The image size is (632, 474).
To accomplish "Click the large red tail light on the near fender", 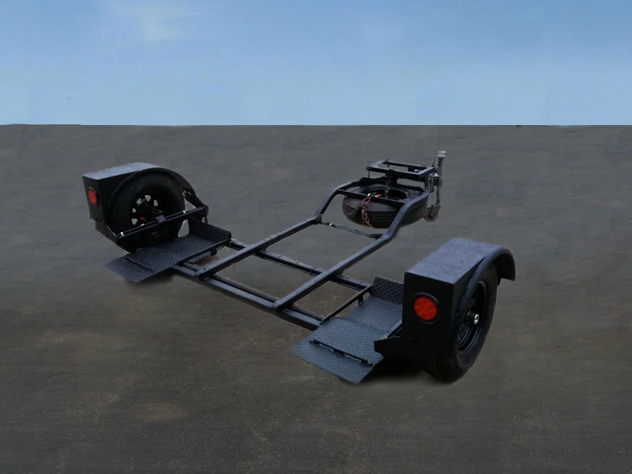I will tap(425, 308).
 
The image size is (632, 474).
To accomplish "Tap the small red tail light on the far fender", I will tap(93, 196).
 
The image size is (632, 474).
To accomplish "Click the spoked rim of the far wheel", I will tap(144, 209).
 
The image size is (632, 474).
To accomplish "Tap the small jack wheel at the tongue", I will tap(432, 213).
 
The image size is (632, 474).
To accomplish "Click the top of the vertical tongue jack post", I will tap(441, 156).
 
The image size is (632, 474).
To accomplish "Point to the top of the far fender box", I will tap(118, 169).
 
